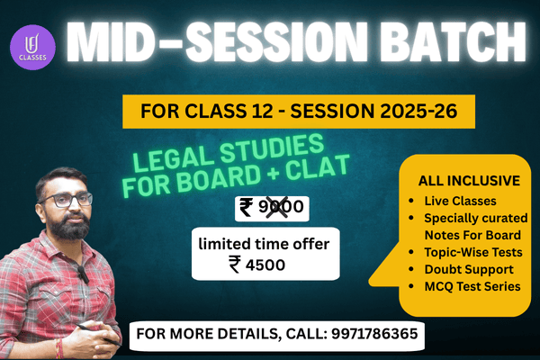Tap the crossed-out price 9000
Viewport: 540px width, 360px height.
click(282, 209)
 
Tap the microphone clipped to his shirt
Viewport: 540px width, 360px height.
click(81, 271)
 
